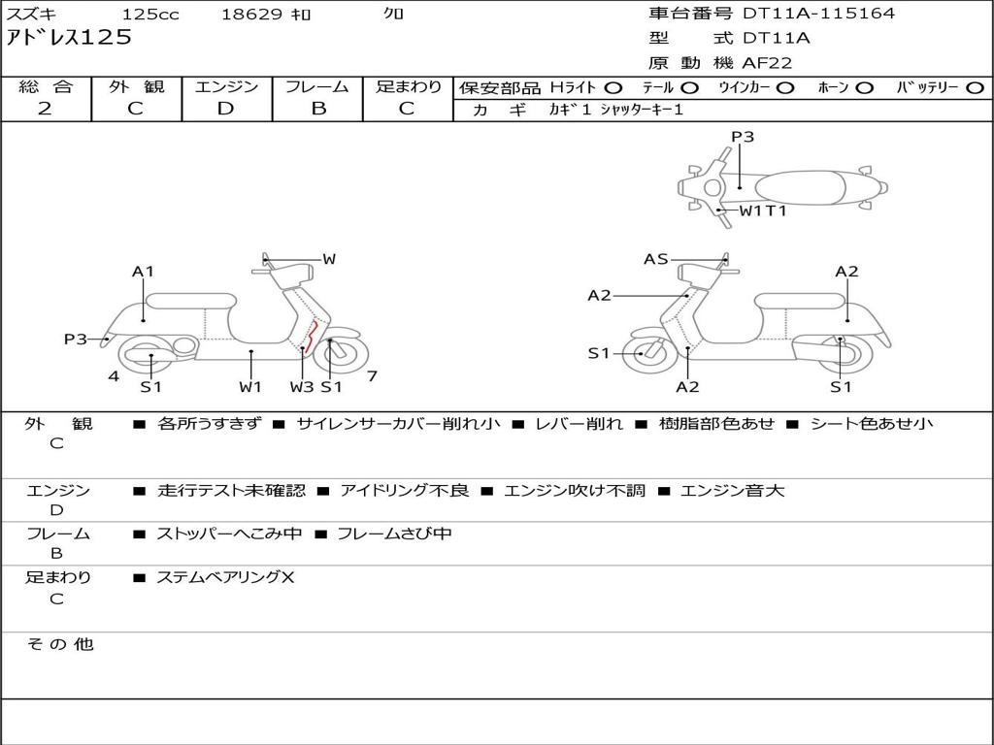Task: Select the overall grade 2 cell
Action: point(46,109)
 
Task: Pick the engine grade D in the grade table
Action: point(226,109)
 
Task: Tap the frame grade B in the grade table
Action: point(317,109)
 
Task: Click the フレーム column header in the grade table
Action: point(317,87)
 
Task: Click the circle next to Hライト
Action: point(613,87)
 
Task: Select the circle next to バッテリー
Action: point(975,87)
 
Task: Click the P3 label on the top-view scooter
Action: point(743,137)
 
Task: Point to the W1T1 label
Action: point(763,210)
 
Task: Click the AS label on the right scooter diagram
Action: point(656,259)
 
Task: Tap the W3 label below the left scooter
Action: point(302,387)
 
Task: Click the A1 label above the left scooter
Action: point(144,272)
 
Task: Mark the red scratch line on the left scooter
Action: point(312,337)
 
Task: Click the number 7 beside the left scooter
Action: point(372,375)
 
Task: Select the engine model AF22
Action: point(767,63)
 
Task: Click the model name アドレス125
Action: point(69,38)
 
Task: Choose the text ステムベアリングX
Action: point(225,578)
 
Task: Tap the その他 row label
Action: point(60,644)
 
